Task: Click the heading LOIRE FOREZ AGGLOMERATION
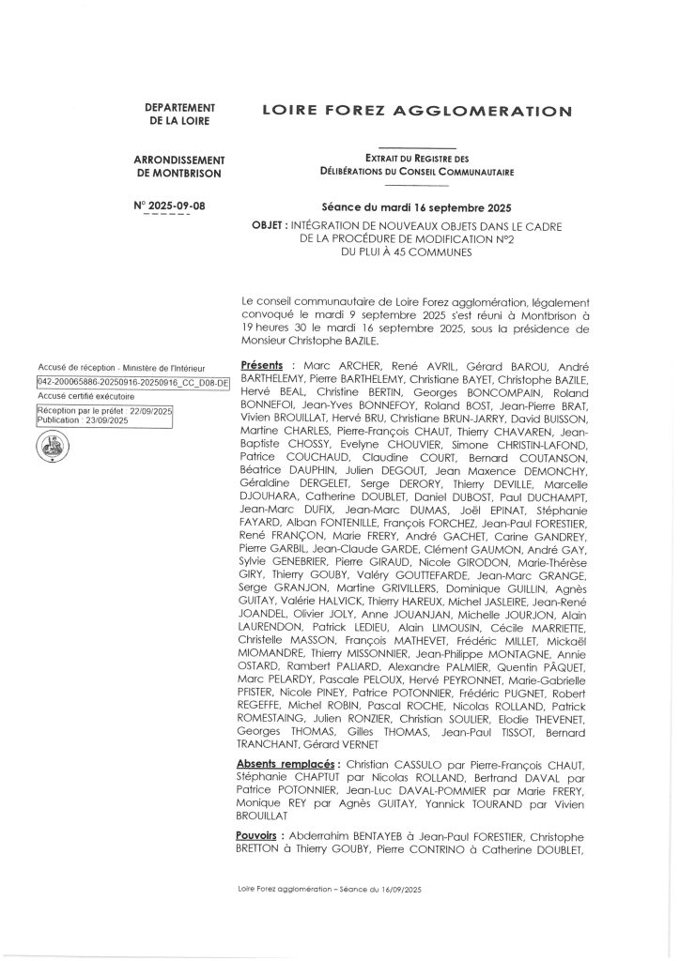click(416, 112)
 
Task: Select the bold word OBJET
click(270, 226)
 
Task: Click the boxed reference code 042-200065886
click(131, 383)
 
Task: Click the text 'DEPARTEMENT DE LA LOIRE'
click(180, 114)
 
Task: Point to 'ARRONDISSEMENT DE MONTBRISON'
click(180, 167)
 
